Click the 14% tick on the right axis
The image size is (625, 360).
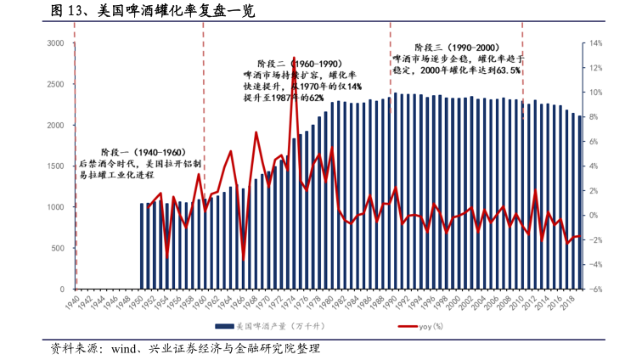[596, 43]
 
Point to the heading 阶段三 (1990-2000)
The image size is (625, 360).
[456, 48]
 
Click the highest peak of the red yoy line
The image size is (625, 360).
[294, 58]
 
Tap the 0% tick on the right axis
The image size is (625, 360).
[596, 215]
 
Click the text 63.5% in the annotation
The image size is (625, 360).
[506, 71]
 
